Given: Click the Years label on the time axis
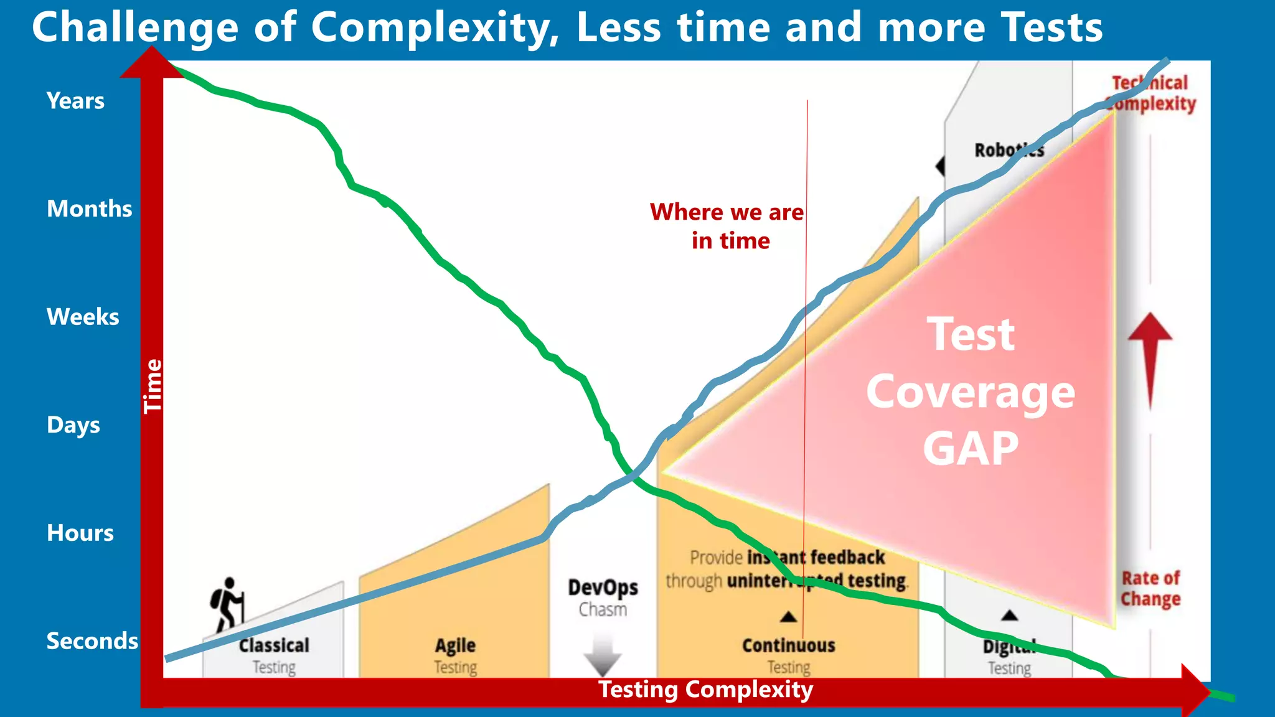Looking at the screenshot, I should tap(75, 101).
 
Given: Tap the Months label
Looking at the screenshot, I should tap(89, 209).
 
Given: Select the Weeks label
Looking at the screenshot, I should tap(83, 317).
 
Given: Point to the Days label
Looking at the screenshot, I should tap(73, 425).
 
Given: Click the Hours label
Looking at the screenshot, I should tap(80, 533).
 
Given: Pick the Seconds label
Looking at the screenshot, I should tap(92, 641).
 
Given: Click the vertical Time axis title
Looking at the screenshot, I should tap(153, 386).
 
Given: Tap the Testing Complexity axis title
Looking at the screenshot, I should tap(705, 690).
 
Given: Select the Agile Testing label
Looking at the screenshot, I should tap(455, 655).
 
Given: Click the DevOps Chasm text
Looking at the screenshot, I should tap(603, 597).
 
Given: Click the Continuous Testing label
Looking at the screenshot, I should tap(788, 655).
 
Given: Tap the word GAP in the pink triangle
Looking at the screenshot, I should tap(970, 449).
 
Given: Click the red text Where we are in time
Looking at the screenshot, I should tap(727, 226).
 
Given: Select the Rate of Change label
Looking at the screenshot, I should tap(1150, 588).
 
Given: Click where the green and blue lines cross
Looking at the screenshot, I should tap(633, 476).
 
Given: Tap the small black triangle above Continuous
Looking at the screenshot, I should tap(788, 617).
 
